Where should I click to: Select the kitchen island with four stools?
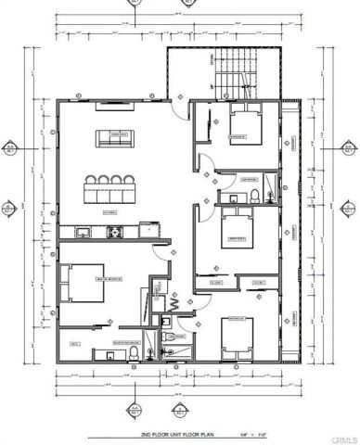tap(112, 190)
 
